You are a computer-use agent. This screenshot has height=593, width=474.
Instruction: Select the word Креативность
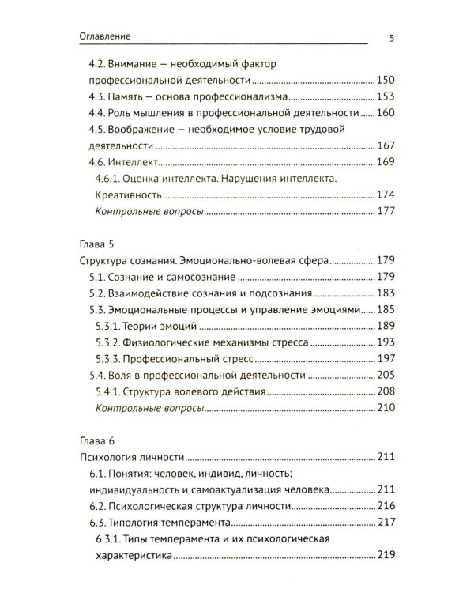[130, 196]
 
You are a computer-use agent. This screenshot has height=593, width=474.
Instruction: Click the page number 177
[385, 212]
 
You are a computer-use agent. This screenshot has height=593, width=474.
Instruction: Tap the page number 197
[385, 359]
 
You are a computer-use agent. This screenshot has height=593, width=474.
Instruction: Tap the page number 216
[385, 506]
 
